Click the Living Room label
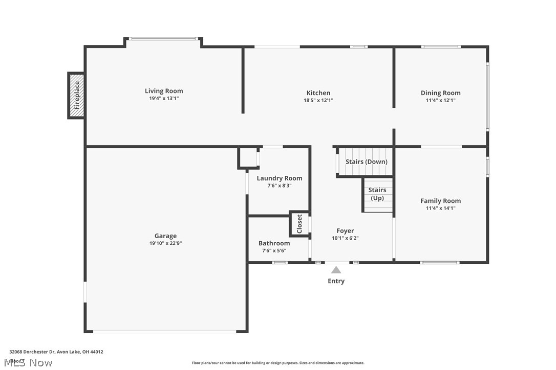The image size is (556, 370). (164, 91)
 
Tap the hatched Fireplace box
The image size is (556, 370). (77, 96)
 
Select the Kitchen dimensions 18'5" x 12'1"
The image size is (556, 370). (318, 100)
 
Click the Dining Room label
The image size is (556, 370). (440, 92)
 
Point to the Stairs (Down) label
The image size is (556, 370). (366, 161)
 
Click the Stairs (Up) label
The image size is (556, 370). (377, 194)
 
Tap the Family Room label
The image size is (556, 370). (440, 201)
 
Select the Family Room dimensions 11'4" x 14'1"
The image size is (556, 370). (440, 208)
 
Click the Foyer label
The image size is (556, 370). (345, 231)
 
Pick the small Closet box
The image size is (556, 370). (300, 223)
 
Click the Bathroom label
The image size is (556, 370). (274, 243)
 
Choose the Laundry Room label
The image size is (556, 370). (279, 178)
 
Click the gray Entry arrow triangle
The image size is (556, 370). (336, 270)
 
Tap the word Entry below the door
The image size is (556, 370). (336, 281)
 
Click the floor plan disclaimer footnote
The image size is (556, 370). (278, 363)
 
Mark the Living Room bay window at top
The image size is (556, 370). (163, 38)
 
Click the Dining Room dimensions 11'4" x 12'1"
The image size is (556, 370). (440, 100)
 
